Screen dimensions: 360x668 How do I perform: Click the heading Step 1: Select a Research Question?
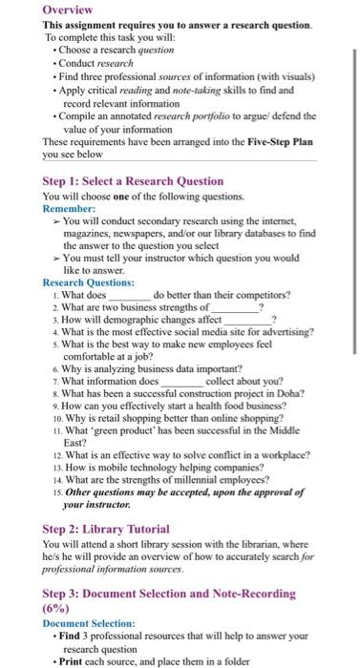(x=133, y=179)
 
